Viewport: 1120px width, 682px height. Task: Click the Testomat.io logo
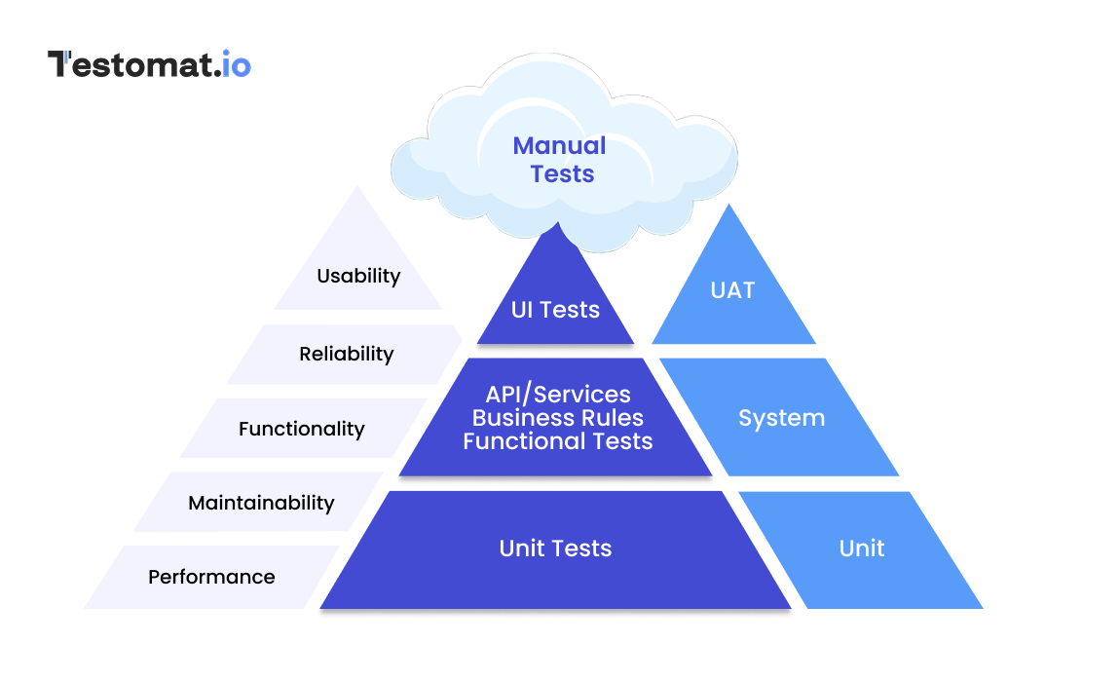(149, 64)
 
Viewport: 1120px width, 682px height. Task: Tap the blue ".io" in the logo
(232, 64)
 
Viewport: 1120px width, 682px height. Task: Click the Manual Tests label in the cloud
(559, 160)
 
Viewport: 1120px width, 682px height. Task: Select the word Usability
(358, 276)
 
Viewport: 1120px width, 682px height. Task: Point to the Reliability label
(346, 354)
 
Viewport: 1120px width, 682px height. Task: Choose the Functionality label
(301, 429)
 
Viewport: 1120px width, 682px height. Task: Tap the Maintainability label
(261, 503)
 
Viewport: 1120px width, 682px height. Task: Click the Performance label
(211, 577)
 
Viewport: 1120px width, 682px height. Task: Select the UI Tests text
(555, 310)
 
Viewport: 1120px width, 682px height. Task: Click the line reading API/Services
(558, 395)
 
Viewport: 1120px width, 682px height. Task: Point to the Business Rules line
(558, 418)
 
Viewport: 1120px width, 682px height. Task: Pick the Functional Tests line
(558, 441)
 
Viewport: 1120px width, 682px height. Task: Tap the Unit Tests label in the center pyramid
(555, 549)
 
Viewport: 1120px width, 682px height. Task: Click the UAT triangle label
(732, 290)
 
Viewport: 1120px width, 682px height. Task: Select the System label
(781, 418)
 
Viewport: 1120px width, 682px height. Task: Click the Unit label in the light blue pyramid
(862, 549)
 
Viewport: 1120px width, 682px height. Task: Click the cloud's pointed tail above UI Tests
(558, 230)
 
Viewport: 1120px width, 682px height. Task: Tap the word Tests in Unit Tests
(582, 549)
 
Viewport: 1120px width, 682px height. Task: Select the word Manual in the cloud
(559, 146)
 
